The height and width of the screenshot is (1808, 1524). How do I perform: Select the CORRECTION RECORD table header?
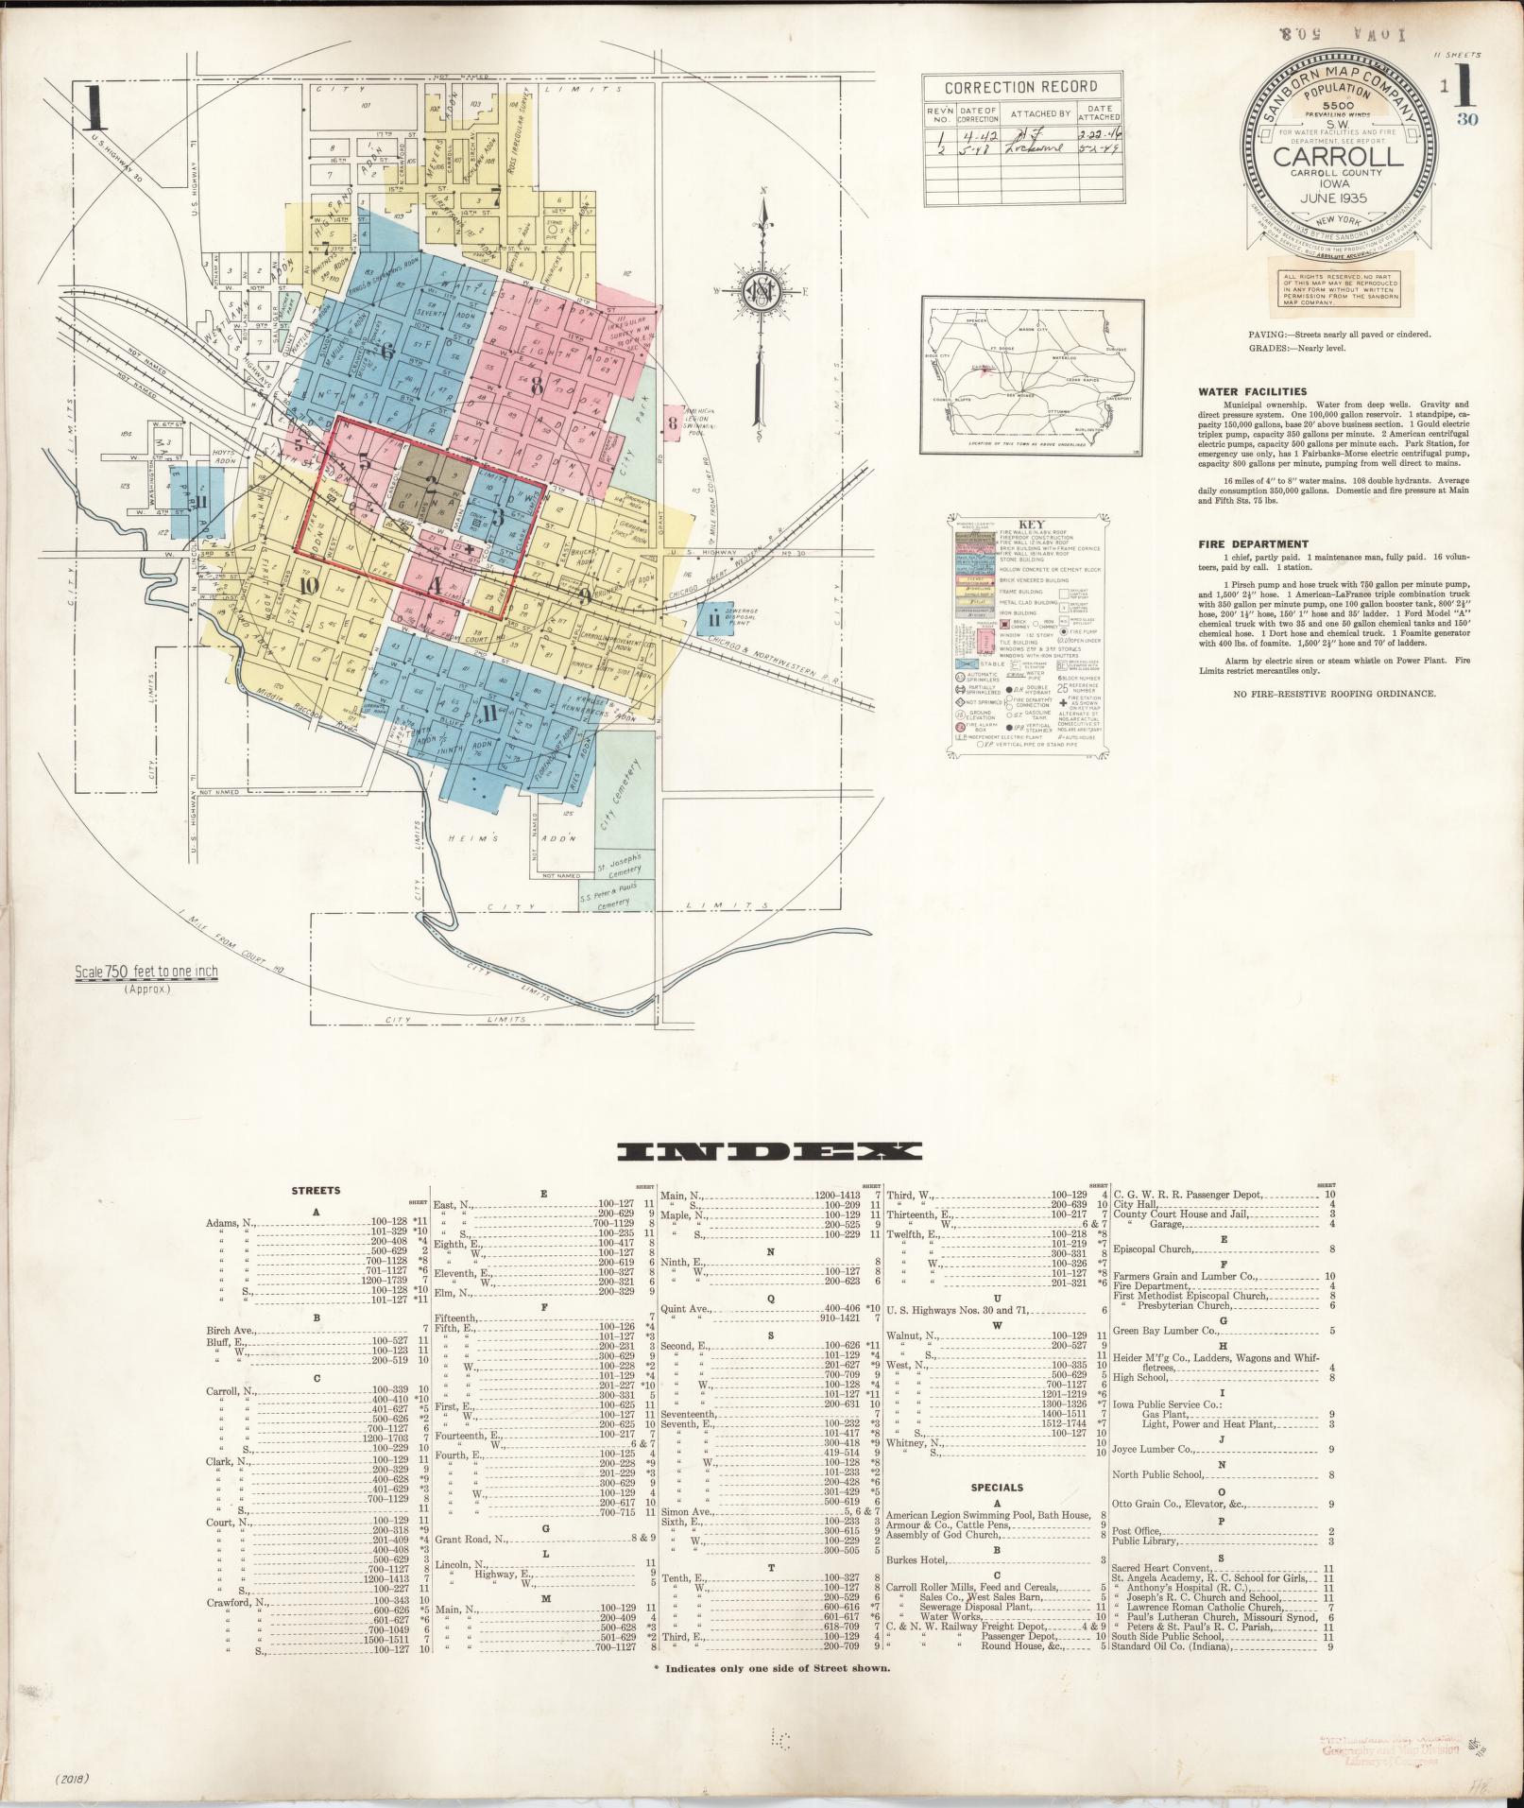click(x=1023, y=88)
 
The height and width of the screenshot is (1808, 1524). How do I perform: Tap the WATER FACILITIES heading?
click(x=1252, y=391)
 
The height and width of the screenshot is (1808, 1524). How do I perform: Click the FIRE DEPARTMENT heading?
click(x=1253, y=544)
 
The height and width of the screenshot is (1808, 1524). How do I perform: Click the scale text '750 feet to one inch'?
click(x=146, y=973)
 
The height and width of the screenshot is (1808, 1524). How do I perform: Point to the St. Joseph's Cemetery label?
click(x=619, y=865)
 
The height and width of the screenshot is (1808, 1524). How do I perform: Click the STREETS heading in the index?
click(x=317, y=1191)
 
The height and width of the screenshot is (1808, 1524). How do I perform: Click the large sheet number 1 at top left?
click(x=92, y=109)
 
